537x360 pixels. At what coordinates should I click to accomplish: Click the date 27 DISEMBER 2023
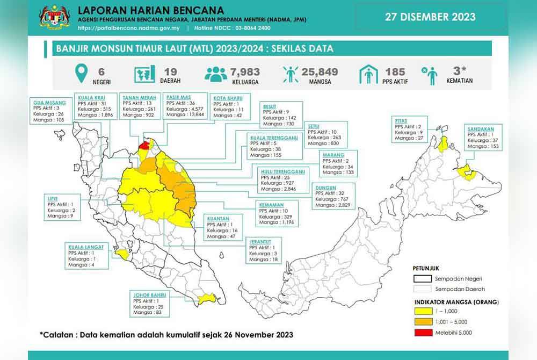pos(430,17)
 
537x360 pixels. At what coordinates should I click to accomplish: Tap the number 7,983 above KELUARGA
pos(245,71)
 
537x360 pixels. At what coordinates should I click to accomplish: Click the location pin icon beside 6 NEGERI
pos(81,75)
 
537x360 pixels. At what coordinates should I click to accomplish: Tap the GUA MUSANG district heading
pos(49,102)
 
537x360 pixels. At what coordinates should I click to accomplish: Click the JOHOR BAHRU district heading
pos(150,294)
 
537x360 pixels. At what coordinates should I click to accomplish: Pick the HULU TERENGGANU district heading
pos(282,171)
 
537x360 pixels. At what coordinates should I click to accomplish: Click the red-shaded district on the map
pos(144,145)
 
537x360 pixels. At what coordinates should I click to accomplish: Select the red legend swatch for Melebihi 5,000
pos(423,332)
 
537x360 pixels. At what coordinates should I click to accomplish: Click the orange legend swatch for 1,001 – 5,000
pos(423,321)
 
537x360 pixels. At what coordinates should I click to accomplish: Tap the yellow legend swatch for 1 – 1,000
pos(423,311)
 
